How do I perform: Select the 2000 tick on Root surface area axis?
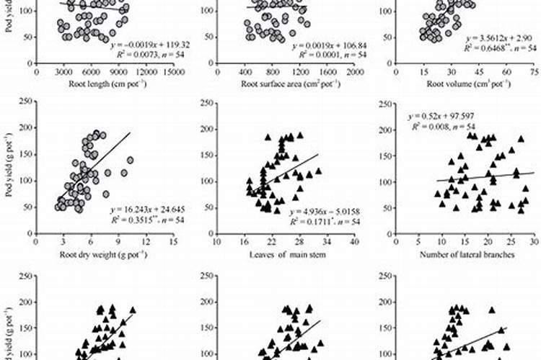click(353, 72)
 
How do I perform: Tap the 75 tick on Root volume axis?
click(533, 72)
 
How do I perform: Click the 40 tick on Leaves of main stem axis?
click(354, 243)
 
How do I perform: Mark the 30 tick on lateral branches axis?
click(533, 243)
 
